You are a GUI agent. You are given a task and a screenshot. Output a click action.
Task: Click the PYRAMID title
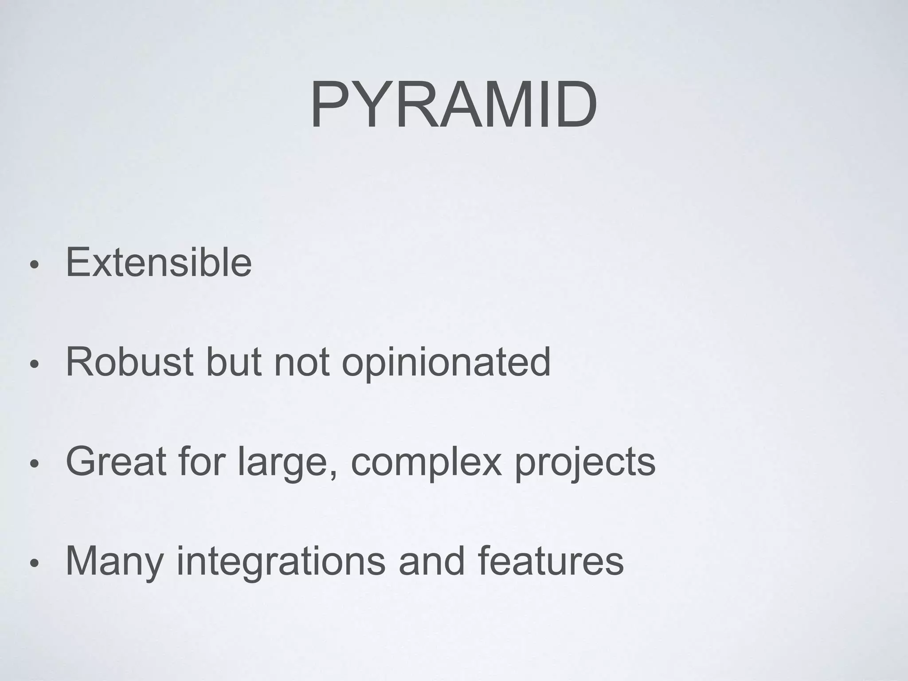(454, 106)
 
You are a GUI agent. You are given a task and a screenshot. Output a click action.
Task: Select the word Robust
(129, 362)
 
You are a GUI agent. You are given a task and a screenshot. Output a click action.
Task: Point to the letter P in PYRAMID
(329, 106)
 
